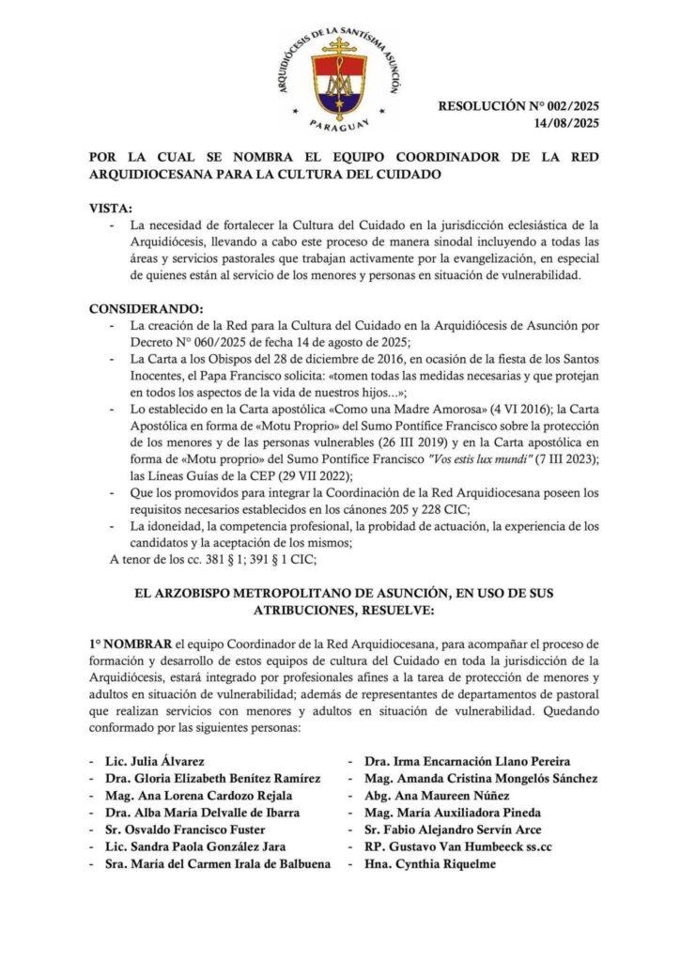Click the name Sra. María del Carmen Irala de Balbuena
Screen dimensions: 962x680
219,864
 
